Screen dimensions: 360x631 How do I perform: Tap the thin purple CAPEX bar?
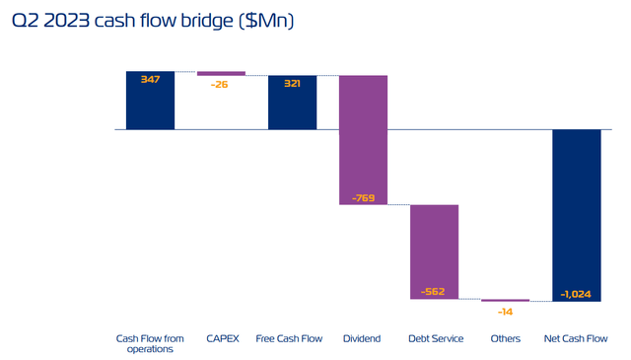pyautogui.click(x=221, y=73)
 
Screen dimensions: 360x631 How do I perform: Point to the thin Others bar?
pyautogui.click(x=505, y=301)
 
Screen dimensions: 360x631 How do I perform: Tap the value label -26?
pyautogui.click(x=221, y=84)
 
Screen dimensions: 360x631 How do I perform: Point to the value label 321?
pyautogui.click(x=292, y=84)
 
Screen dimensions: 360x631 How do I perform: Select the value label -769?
pyautogui.click(x=363, y=197)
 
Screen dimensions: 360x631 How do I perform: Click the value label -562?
pyautogui.click(x=434, y=292)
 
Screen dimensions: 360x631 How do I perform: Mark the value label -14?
pyautogui.click(x=505, y=312)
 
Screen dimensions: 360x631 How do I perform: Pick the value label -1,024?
pyautogui.click(x=576, y=293)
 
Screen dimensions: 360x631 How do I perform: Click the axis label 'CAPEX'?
pyautogui.click(x=221, y=339)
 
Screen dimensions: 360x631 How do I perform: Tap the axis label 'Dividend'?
pyautogui.click(x=363, y=339)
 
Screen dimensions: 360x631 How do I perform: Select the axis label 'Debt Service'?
pyautogui.click(x=434, y=339)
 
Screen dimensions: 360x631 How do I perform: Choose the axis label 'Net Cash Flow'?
pyautogui.click(x=576, y=339)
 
